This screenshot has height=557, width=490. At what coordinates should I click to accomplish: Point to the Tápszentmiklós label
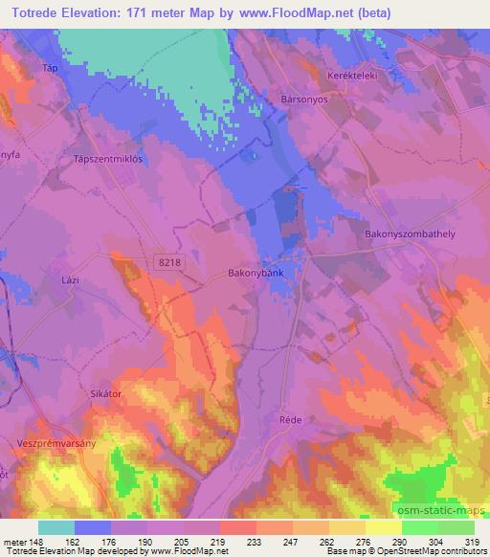[108, 160]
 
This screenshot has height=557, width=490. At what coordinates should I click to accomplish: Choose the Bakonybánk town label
[256, 272]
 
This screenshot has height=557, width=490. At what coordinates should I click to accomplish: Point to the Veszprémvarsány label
[53, 443]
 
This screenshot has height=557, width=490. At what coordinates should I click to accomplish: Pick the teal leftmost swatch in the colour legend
[56, 527]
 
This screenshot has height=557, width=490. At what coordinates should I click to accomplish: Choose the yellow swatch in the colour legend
[383, 527]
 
